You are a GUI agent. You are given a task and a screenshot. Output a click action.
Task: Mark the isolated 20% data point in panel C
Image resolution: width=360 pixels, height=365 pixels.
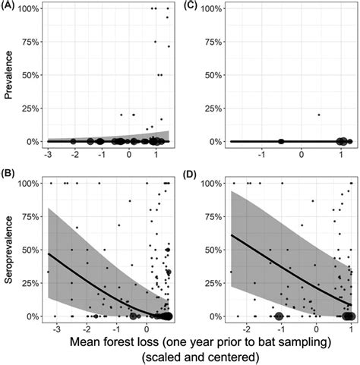point(319,115)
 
